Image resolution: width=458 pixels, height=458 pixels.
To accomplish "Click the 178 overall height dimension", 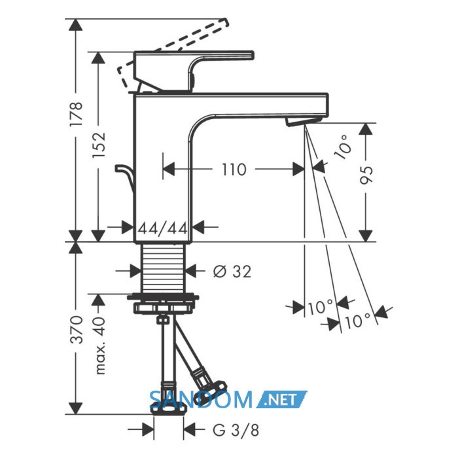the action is (76, 114).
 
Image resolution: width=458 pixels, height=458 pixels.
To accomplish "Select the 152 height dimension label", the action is (98, 145).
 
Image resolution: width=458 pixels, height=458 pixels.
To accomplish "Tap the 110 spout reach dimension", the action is (234, 169).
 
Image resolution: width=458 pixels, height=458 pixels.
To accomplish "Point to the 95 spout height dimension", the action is (366, 175).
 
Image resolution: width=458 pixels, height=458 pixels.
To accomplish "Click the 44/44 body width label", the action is (162, 228).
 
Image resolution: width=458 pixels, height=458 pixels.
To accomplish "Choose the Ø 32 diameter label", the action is (232, 272).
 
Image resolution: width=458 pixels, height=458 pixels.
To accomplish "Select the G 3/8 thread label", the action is (236, 430).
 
